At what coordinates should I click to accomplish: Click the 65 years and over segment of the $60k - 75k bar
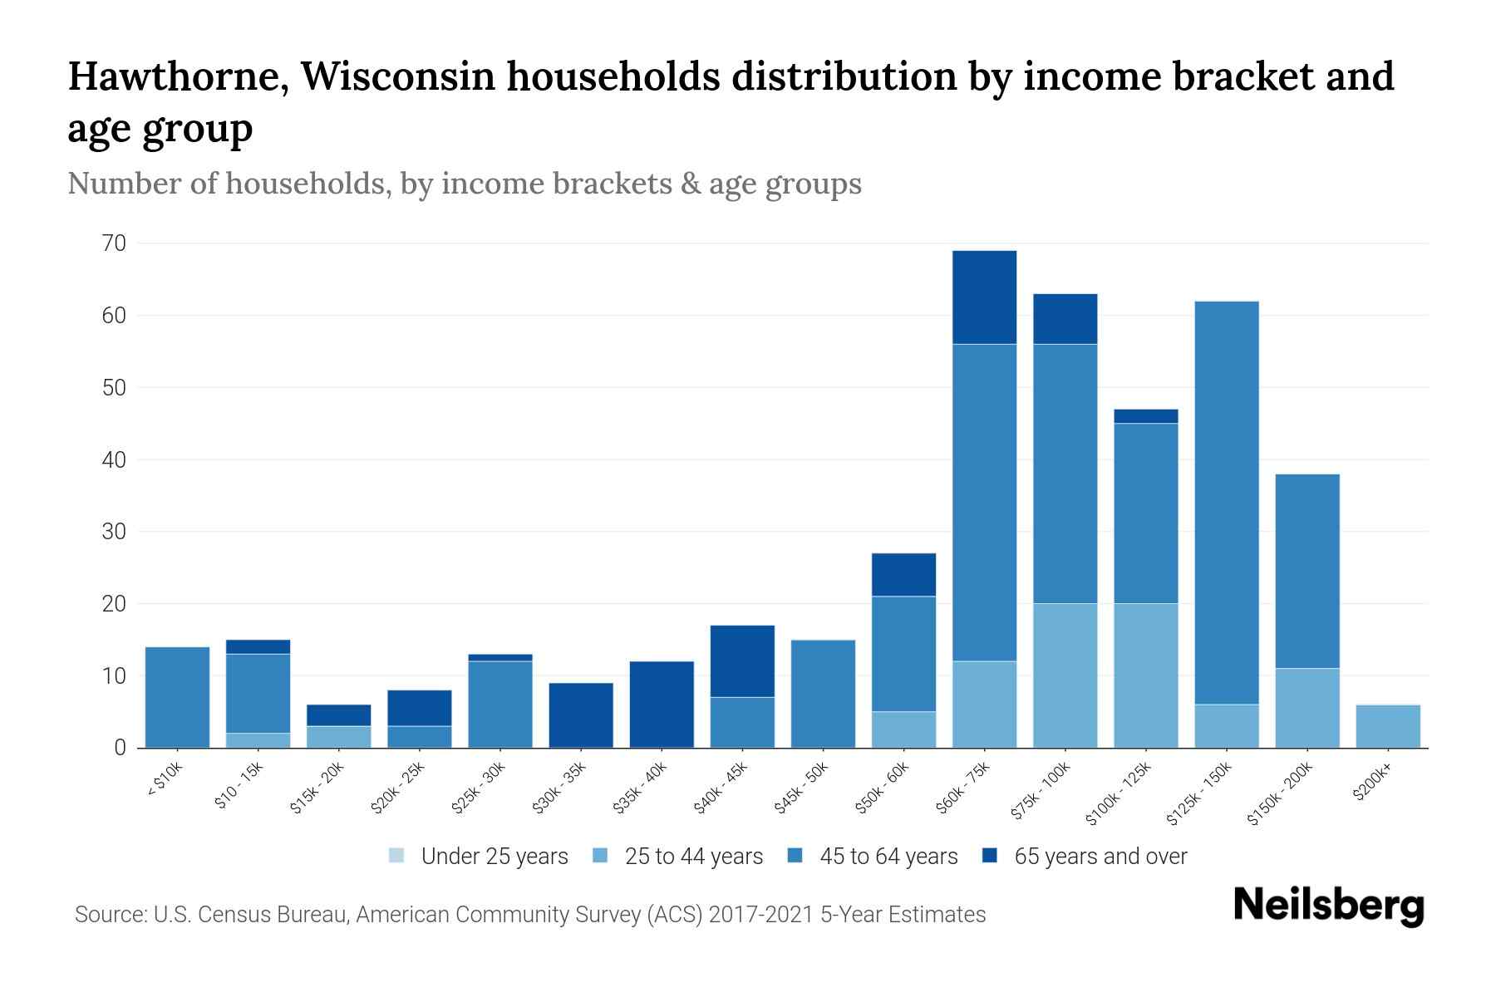984,297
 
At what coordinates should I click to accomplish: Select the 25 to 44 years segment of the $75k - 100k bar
1065,675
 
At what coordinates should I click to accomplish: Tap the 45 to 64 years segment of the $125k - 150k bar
1226,502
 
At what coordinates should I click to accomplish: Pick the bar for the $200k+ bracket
1387,725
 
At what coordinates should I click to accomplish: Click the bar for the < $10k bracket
177,696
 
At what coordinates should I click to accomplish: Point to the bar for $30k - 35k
581,715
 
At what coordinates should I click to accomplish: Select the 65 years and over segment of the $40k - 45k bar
742,661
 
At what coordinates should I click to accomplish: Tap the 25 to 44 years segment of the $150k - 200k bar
1307,707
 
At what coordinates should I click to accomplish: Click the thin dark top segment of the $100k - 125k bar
1145,416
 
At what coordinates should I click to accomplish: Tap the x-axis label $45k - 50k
800,788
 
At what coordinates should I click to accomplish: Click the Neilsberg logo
1328,906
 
